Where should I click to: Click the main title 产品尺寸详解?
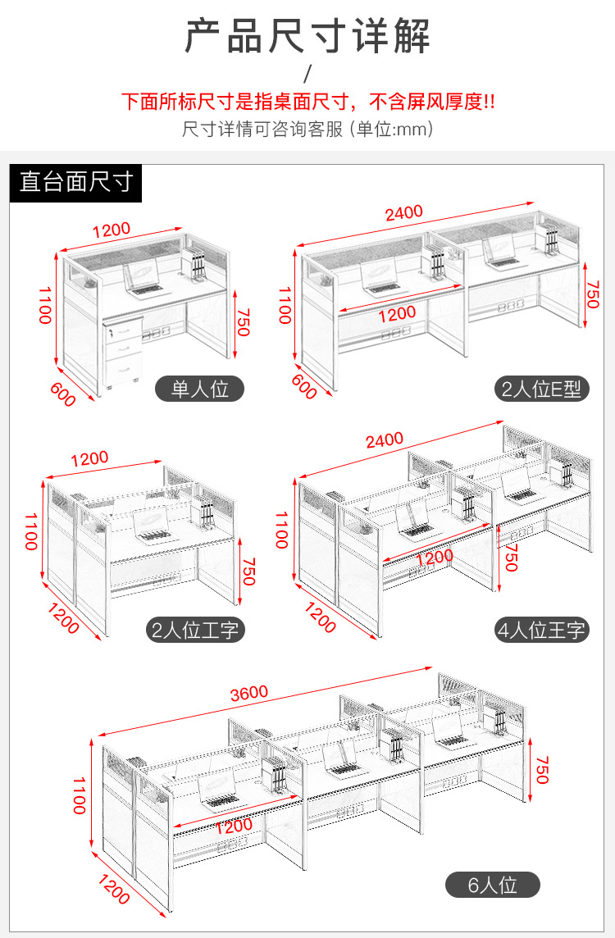307,38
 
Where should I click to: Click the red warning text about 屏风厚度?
307,102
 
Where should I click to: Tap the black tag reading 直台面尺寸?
76,181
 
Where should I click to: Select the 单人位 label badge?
199,389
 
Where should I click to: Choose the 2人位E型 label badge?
541,389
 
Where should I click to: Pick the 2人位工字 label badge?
194,630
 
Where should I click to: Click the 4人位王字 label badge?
541,630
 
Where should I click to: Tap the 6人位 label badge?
492,885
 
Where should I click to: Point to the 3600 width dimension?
248,692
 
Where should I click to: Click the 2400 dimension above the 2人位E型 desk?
404,212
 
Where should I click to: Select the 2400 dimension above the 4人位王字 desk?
384,440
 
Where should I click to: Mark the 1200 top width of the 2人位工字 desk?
89,459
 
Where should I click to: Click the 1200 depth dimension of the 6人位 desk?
113,889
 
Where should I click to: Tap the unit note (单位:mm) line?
307,130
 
